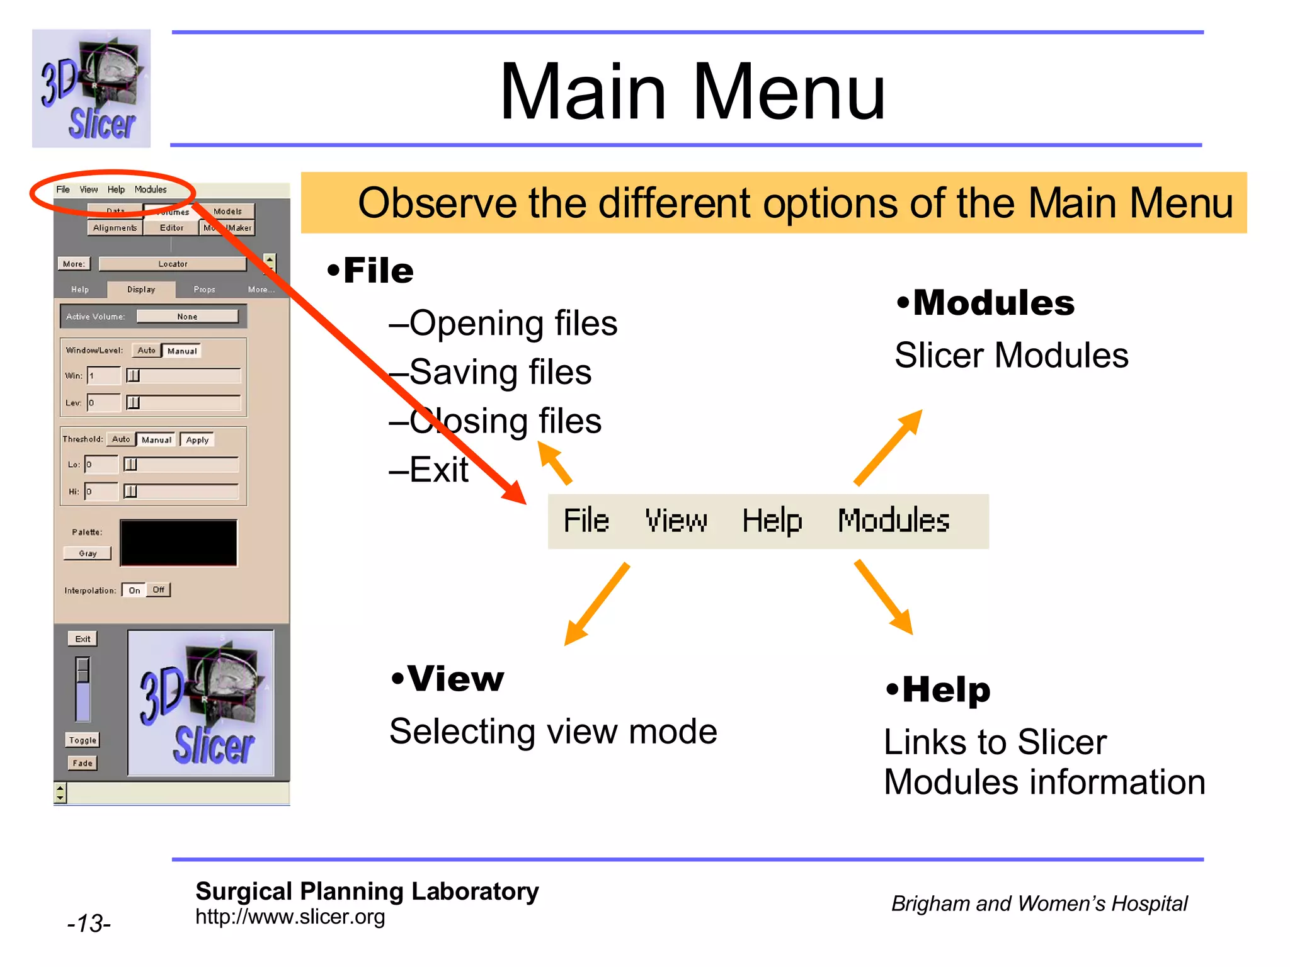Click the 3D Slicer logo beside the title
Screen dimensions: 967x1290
click(x=91, y=88)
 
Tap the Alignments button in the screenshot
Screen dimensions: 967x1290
click(x=115, y=228)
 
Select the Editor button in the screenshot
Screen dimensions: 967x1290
click(x=171, y=228)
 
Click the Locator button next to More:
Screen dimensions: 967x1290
click(x=173, y=264)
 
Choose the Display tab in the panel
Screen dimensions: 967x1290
click(x=141, y=290)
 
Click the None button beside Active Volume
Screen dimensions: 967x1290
click(x=187, y=317)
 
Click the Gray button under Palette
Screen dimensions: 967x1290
click(x=88, y=553)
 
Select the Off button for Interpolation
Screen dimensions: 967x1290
click(x=158, y=590)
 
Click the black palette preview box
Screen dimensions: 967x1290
click(x=179, y=543)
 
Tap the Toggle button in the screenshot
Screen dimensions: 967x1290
click(x=83, y=740)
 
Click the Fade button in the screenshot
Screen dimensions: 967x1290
click(x=83, y=763)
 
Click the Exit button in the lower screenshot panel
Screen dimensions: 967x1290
click(x=83, y=639)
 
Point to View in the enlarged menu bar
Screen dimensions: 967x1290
click(x=676, y=521)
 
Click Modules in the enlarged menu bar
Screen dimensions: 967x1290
click(x=893, y=521)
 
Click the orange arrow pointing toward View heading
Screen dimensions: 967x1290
click(x=595, y=604)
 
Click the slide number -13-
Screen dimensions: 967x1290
click(x=89, y=924)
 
